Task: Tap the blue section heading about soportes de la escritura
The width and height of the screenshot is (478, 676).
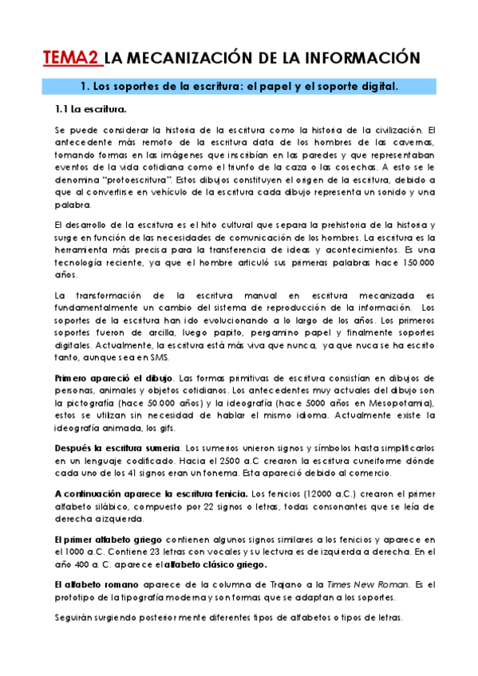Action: point(239,85)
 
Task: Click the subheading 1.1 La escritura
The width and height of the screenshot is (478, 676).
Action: point(88,108)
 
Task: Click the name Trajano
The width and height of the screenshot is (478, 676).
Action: point(285,584)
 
